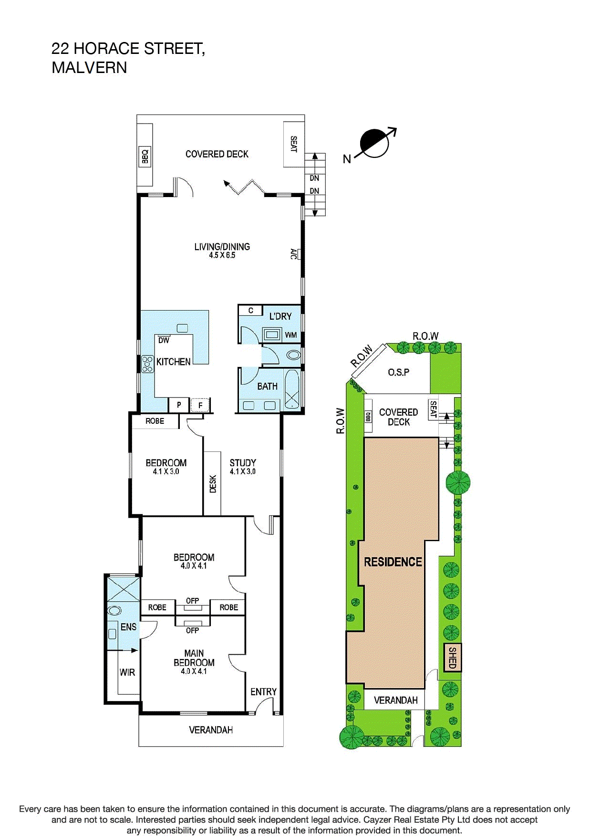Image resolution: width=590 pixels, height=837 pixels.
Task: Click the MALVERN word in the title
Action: (89, 68)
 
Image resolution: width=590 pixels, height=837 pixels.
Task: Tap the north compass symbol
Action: (375, 143)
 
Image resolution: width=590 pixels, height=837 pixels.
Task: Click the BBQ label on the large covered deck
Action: (145, 156)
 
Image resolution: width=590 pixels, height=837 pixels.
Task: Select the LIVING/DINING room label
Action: (222, 247)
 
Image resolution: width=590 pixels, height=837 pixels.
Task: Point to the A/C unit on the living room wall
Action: (295, 254)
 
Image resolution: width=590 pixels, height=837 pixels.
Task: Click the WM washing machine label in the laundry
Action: (290, 335)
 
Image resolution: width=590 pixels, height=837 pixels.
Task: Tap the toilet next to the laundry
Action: (293, 356)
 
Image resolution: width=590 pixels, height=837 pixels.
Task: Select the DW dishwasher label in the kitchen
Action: (164, 340)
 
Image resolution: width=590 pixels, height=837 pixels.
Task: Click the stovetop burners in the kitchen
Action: (147, 364)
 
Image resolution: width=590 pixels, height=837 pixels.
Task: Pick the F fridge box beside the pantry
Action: (200, 405)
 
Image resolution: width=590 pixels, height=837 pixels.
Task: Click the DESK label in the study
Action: (213, 483)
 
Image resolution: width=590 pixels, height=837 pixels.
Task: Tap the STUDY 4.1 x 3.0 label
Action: (243, 466)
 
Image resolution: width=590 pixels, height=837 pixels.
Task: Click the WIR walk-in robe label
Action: (127, 672)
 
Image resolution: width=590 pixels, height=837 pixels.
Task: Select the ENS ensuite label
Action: (128, 627)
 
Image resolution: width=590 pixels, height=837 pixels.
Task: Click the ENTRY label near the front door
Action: (263, 691)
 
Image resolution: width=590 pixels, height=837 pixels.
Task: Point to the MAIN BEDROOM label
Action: (194, 658)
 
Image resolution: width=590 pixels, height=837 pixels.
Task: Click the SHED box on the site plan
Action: (453, 658)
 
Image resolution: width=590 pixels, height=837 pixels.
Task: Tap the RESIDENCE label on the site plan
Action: (393, 562)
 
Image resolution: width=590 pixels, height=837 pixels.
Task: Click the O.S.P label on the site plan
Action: (398, 372)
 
